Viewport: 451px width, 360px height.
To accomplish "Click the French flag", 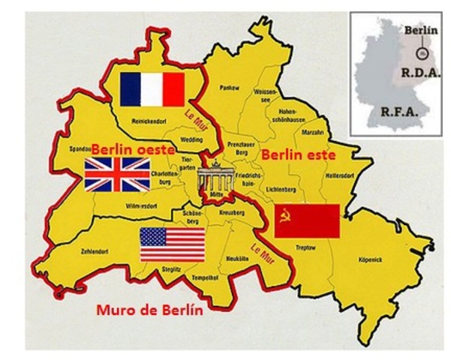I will pyautogui.click(x=153, y=89).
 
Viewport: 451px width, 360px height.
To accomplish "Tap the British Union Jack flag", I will pyautogui.click(x=117, y=174).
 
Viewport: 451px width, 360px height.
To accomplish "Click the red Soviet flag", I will pyautogui.click(x=307, y=220).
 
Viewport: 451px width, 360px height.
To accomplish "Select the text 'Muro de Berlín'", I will pyautogui.click(x=150, y=310).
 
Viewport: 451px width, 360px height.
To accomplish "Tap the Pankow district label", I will pyautogui.click(x=229, y=88).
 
